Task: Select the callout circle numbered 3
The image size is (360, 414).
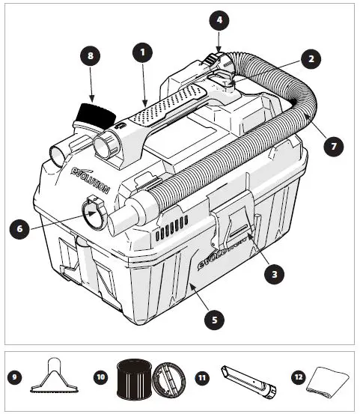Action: [276, 274]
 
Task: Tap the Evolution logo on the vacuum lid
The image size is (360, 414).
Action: [91, 174]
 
